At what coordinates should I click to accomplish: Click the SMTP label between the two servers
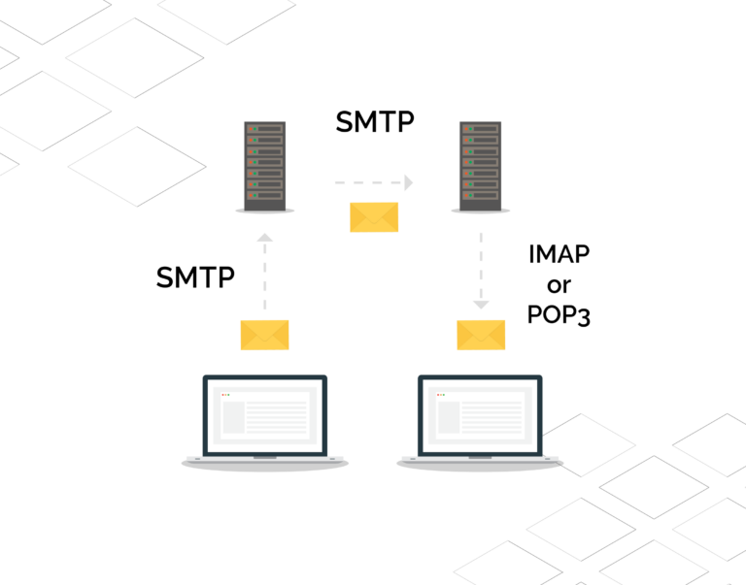tap(375, 121)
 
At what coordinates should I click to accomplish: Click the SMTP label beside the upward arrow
tap(195, 277)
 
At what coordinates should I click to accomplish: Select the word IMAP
tap(559, 254)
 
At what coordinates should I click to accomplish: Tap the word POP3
tap(559, 314)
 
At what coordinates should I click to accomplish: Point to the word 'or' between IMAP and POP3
tap(559, 285)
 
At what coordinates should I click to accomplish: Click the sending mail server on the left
tap(265, 166)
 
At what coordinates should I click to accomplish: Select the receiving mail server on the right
tap(481, 166)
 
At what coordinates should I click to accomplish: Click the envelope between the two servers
tap(374, 217)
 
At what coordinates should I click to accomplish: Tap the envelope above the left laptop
tap(264, 335)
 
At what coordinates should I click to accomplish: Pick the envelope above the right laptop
tap(481, 335)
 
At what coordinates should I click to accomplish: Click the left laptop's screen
tap(265, 416)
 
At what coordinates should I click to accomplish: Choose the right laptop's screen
tap(480, 416)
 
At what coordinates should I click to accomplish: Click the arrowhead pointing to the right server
tap(409, 182)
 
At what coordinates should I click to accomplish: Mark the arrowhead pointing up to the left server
tap(265, 238)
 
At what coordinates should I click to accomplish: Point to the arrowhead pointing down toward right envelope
tap(481, 305)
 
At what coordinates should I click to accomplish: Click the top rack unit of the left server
tap(265, 129)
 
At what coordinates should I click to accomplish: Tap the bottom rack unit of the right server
tap(481, 195)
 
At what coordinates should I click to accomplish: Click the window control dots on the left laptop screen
tap(225, 395)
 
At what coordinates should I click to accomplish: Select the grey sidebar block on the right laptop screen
tap(449, 417)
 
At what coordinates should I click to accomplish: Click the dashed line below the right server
tap(481, 267)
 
